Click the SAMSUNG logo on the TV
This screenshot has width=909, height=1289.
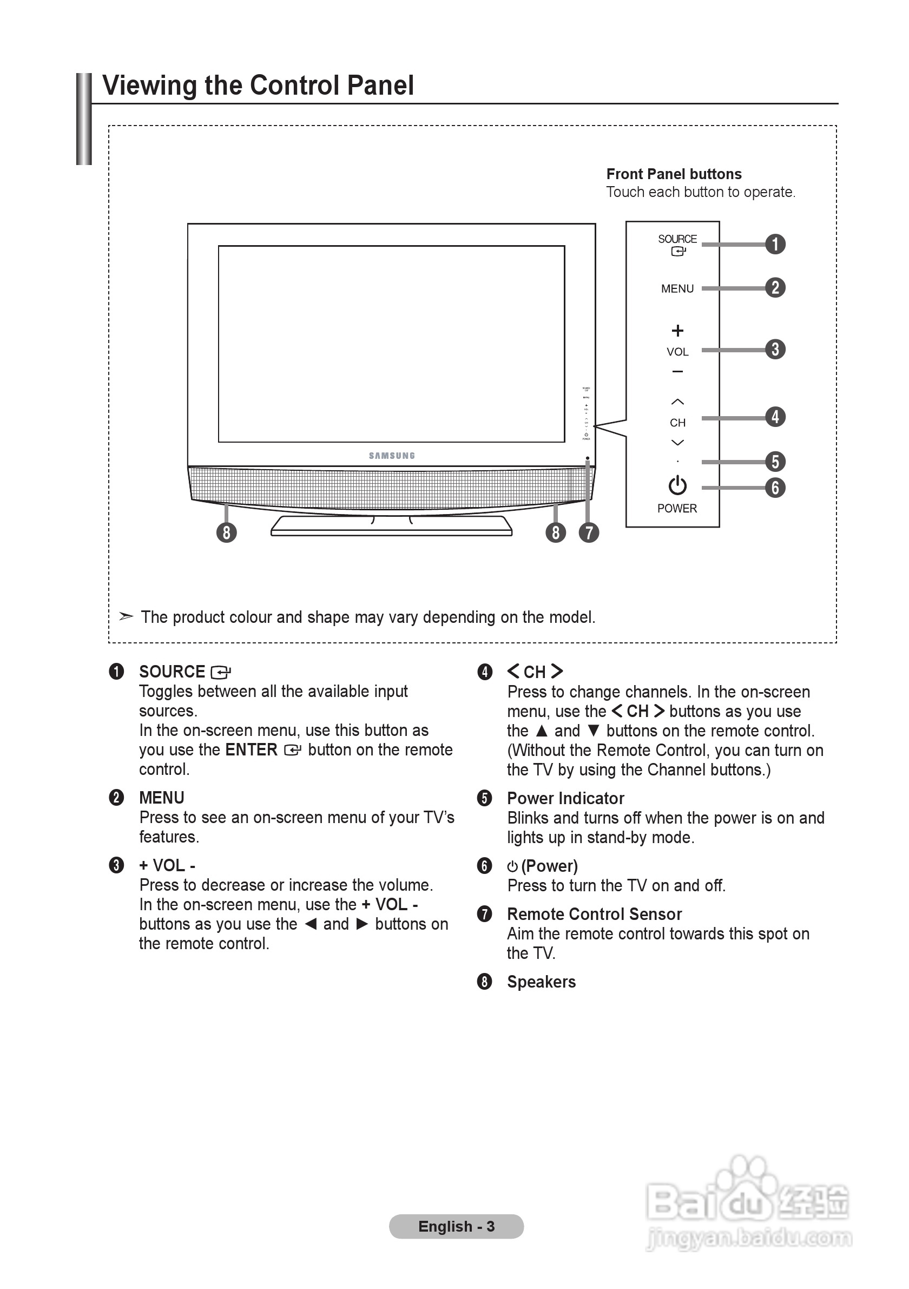point(391,456)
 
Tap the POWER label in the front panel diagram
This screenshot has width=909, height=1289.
point(676,508)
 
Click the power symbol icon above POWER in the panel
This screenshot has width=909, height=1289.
point(677,485)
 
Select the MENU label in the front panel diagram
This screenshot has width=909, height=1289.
point(677,288)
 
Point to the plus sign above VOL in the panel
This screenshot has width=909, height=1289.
point(677,331)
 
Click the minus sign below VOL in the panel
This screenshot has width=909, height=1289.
point(677,372)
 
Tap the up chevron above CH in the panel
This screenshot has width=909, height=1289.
point(677,402)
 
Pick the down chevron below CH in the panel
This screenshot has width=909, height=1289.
point(677,443)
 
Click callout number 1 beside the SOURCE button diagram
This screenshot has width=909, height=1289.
point(775,244)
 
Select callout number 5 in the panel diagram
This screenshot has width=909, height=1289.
point(775,462)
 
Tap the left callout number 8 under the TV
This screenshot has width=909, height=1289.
point(226,532)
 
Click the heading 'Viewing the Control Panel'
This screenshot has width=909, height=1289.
point(258,86)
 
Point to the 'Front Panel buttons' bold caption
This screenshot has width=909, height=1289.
point(673,174)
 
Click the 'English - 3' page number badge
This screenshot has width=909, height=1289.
point(456,1226)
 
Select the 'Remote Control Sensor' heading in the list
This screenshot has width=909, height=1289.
point(594,914)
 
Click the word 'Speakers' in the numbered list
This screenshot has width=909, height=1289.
point(541,982)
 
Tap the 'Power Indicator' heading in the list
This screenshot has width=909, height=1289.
point(565,798)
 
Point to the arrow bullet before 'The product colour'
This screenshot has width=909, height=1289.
point(126,616)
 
